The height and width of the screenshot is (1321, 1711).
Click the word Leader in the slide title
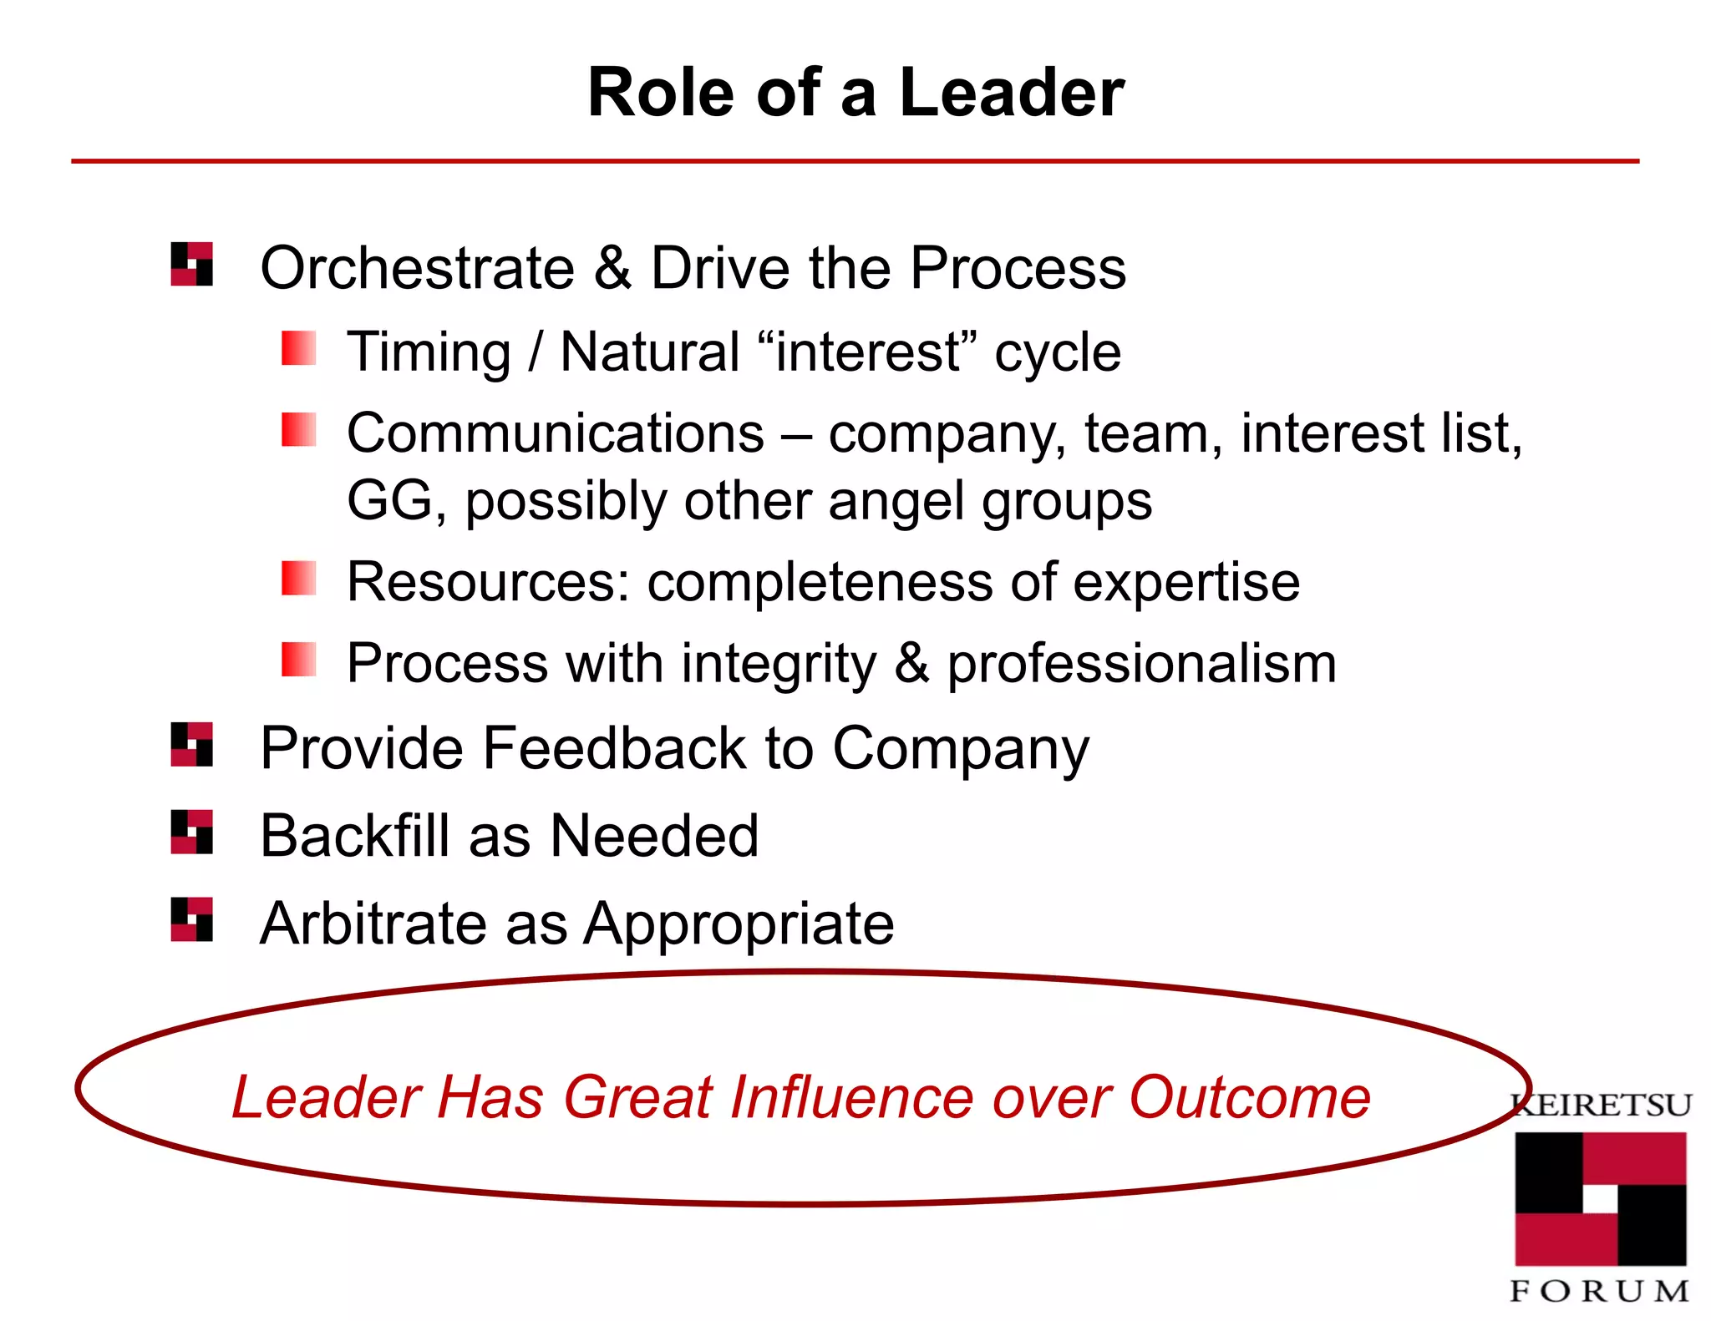1011,93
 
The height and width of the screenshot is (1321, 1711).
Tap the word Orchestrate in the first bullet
418,268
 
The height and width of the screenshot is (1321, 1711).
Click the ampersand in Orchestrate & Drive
612,268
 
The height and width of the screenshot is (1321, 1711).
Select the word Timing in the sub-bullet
429,352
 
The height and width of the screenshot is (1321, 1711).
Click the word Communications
556,433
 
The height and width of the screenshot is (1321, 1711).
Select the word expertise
1186,583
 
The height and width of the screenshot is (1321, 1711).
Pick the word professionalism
1141,665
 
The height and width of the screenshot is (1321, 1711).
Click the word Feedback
615,747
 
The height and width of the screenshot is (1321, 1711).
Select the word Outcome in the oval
1249,1096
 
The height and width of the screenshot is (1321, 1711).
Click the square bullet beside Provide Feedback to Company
191,744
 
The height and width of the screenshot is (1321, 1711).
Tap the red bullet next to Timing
298,348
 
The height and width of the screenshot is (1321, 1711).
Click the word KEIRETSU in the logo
1602,1106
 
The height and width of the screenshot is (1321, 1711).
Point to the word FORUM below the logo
1600,1291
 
